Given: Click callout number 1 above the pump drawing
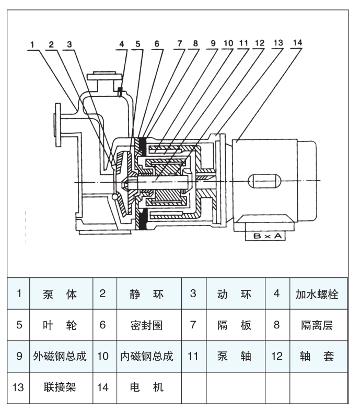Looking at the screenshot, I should (x=32, y=45).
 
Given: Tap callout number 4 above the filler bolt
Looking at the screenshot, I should (x=121, y=44).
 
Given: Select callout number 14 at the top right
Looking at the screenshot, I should (x=298, y=42).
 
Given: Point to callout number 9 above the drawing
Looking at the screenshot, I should (x=214, y=43).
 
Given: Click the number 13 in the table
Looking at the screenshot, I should (x=18, y=387).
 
